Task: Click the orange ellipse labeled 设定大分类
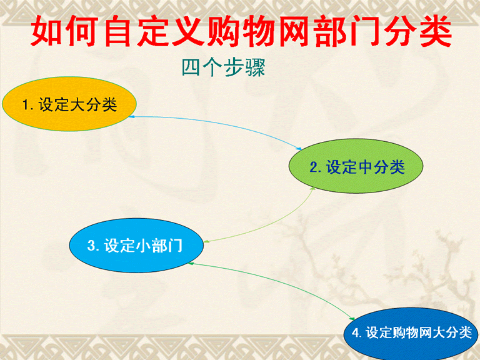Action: pyautogui.click(x=69, y=104)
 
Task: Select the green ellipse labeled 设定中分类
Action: pyautogui.click(x=356, y=166)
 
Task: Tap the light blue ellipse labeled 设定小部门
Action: pyautogui.click(x=136, y=245)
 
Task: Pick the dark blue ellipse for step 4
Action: pyautogui.click(x=411, y=334)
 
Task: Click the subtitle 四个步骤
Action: pyautogui.click(x=224, y=67)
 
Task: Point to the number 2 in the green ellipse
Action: pyautogui.click(x=314, y=167)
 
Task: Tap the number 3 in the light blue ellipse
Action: pyautogui.click(x=91, y=246)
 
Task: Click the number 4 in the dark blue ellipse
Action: pyautogui.click(x=355, y=332)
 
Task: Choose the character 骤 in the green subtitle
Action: pyautogui.click(x=255, y=67)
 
